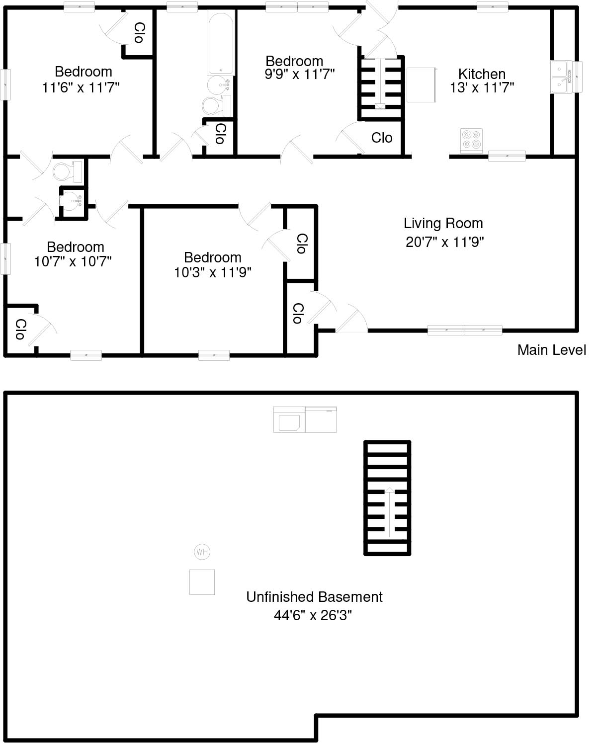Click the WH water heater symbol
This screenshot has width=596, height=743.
[202, 552]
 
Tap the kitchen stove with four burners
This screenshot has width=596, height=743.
[471, 139]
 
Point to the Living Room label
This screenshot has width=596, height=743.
[443, 223]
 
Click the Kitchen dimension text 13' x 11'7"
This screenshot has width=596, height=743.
[482, 88]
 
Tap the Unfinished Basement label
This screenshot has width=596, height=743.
[314, 596]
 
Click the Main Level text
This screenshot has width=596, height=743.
[551, 350]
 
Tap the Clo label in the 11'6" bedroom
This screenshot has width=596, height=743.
[139, 33]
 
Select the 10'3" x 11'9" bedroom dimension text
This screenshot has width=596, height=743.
[213, 272]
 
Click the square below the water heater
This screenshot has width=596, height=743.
[202, 582]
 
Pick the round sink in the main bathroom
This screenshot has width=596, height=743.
[217, 85]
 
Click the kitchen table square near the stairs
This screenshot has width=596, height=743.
[422, 85]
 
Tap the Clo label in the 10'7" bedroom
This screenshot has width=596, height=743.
[20, 330]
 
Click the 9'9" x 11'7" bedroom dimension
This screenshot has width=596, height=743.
[300, 75]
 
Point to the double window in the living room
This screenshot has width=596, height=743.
[465, 330]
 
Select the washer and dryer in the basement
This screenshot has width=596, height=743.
[305, 419]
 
